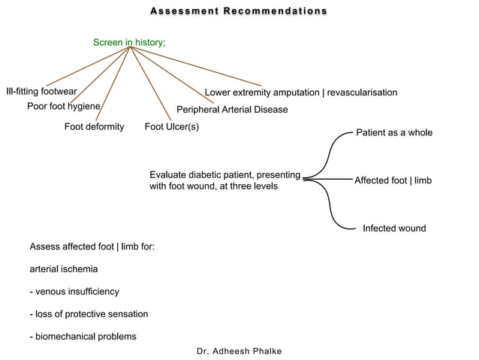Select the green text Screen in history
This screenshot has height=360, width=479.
(x=128, y=43)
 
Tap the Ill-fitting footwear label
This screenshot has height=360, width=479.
(x=41, y=92)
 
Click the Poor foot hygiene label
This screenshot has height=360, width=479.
(x=64, y=106)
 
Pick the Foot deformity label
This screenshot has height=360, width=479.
(x=94, y=126)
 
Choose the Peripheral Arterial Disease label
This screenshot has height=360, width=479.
(x=232, y=110)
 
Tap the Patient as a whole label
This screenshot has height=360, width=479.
(x=393, y=132)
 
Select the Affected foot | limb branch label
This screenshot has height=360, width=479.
(x=393, y=181)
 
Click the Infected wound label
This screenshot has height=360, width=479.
(x=394, y=228)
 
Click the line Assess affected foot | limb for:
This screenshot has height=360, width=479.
(x=92, y=247)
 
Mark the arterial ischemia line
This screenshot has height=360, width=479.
(x=64, y=268)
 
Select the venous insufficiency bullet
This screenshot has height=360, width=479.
(x=74, y=291)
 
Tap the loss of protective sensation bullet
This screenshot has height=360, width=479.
(x=88, y=313)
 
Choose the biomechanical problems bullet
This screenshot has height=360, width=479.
(x=83, y=336)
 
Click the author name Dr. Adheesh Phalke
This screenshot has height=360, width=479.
(x=239, y=351)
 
